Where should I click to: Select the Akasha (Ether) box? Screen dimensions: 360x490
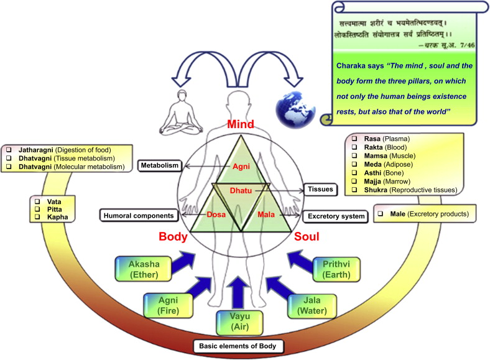(x=142, y=269)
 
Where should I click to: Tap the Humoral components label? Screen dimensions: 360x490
(x=139, y=215)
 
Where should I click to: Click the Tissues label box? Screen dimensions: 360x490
(x=321, y=188)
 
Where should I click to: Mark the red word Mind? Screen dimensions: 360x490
(x=239, y=124)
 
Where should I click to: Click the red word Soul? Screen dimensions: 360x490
(x=307, y=237)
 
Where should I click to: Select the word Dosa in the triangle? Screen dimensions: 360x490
(x=216, y=215)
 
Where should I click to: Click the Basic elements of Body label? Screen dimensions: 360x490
(x=239, y=346)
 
